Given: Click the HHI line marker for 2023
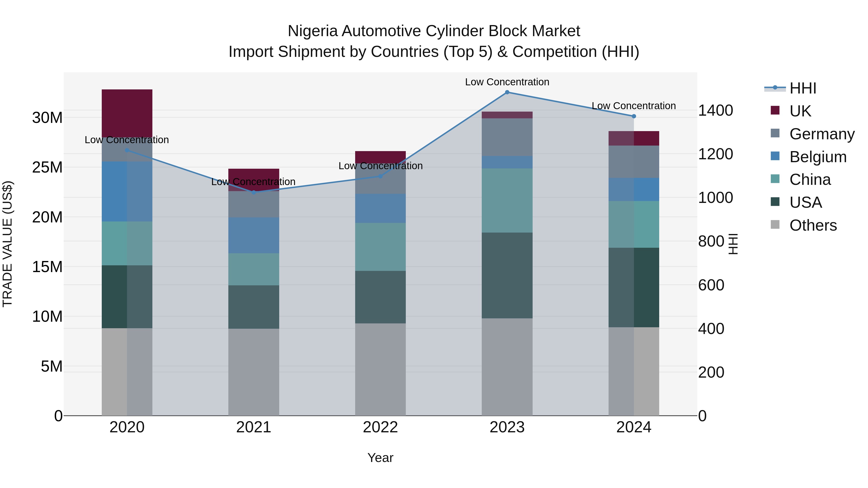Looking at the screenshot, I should (507, 92).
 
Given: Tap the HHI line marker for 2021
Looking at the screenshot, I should (254, 192).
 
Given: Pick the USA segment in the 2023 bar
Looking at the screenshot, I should (507, 275).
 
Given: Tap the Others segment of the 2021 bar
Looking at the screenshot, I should (254, 372).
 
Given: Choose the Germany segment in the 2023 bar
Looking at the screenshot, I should (507, 137).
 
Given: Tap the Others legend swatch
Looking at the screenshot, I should (775, 225).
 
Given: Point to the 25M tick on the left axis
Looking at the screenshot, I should (47, 167).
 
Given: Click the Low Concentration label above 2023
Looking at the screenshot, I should (507, 82).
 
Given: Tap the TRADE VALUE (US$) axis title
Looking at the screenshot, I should (7, 244).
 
